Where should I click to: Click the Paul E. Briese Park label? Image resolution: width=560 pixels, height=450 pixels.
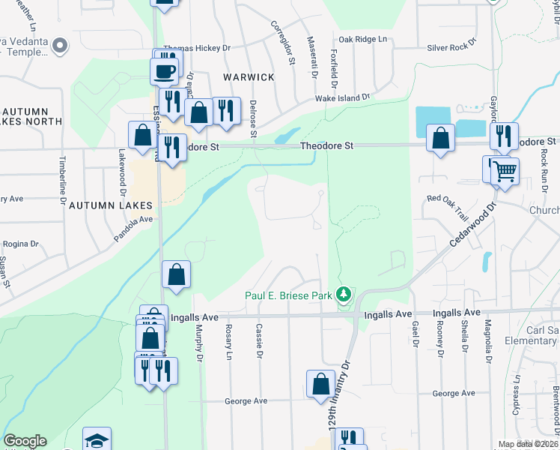(x=288, y=295)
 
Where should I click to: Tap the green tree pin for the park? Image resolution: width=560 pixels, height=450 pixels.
(x=344, y=295)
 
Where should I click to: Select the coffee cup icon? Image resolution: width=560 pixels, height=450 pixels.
(x=164, y=72)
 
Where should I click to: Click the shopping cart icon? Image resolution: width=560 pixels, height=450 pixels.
(x=505, y=171)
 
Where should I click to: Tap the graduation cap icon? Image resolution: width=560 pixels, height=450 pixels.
(x=97, y=440)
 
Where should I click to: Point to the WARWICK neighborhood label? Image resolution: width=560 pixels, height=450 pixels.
(x=248, y=77)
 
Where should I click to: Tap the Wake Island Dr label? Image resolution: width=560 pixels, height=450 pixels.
(x=342, y=97)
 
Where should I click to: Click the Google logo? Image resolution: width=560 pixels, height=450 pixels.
(x=25, y=441)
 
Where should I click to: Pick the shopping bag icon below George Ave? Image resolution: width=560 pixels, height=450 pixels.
(x=320, y=383)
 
